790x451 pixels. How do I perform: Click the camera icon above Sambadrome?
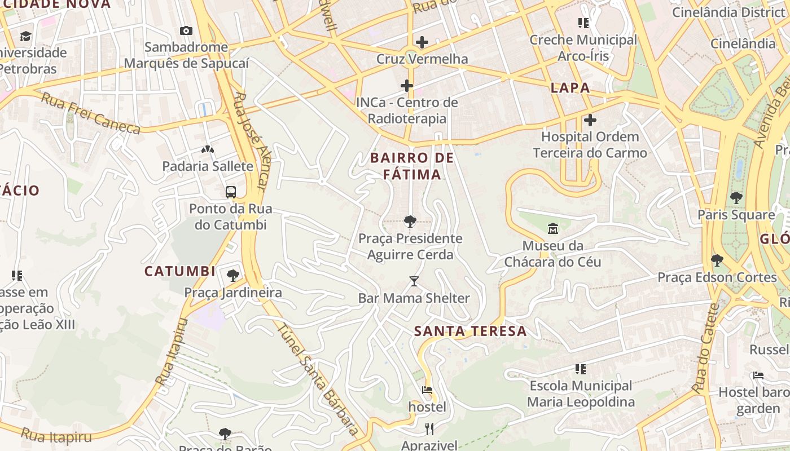click(186, 30)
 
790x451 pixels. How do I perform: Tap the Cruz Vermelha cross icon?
click(422, 42)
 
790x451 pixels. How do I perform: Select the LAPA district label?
click(570, 88)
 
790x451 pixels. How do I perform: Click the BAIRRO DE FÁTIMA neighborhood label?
click(412, 166)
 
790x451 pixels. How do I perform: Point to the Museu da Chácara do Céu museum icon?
click(552, 229)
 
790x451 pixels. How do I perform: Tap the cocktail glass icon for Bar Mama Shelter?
click(414, 281)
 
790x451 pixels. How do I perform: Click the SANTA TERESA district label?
click(471, 331)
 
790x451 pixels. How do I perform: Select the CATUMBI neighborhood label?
click(180, 272)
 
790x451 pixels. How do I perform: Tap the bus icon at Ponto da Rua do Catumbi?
click(230, 192)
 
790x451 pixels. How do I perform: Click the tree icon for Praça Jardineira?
click(232, 276)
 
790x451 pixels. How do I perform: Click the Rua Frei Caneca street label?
click(90, 114)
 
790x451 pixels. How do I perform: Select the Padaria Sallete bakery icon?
click(208, 149)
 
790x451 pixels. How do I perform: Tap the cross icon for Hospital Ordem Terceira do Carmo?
click(590, 120)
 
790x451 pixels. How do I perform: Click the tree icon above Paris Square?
click(736, 198)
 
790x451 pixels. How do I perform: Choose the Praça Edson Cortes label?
click(717, 277)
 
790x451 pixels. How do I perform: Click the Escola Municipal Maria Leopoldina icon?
click(581, 369)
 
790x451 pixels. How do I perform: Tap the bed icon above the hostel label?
click(427, 390)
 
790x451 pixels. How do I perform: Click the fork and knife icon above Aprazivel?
click(429, 429)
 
